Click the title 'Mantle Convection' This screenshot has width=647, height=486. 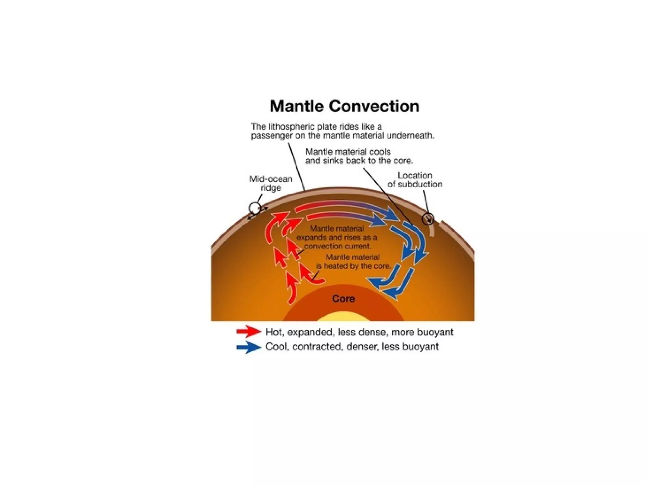(x=344, y=106)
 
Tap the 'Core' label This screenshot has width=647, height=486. (x=343, y=299)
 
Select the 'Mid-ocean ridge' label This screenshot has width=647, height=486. (x=271, y=184)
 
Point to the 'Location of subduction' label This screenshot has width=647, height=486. (x=415, y=180)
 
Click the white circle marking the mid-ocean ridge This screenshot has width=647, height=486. (x=254, y=209)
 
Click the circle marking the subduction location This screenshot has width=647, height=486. (x=428, y=218)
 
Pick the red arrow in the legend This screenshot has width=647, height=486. (x=249, y=332)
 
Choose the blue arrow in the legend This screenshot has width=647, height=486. (x=249, y=347)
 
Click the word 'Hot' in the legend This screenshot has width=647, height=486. (x=274, y=332)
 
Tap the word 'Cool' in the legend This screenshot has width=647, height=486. (x=276, y=347)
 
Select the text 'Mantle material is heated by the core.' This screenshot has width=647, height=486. (x=353, y=262)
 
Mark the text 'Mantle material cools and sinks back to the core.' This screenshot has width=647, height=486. (x=359, y=156)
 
